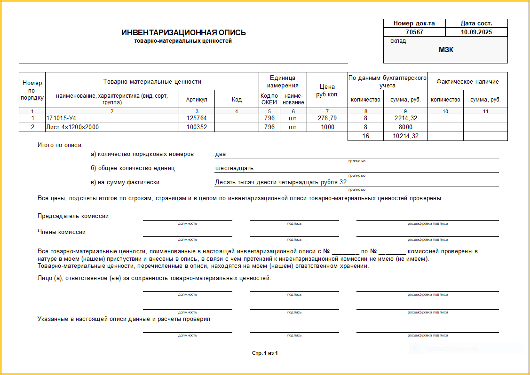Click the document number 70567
point(414,32)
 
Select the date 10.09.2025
point(476,32)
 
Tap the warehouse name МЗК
point(446,50)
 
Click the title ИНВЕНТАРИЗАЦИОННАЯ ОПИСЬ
point(183,32)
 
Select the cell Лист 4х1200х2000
point(72,127)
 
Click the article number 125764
point(197,118)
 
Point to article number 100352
point(197,127)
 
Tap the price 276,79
point(327,118)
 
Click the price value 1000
point(327,127)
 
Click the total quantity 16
point(365,136)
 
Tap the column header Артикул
point(197,100)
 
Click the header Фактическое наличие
point(467,81)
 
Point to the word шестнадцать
point(234,168)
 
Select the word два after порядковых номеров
point(220,154)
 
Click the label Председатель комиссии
point(73,216)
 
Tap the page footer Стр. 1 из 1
point(265,353)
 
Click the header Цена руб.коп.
point(327,90)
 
